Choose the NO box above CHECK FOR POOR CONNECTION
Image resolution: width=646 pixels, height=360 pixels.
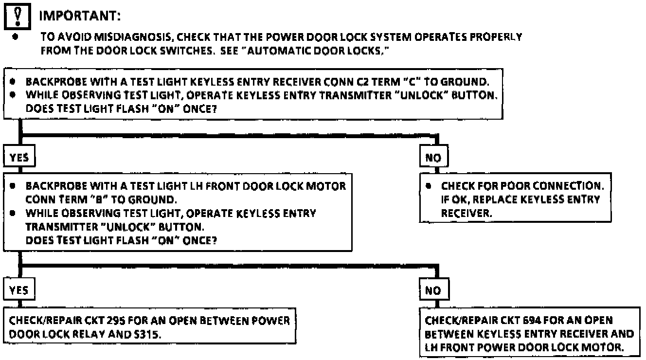[433, 158]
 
